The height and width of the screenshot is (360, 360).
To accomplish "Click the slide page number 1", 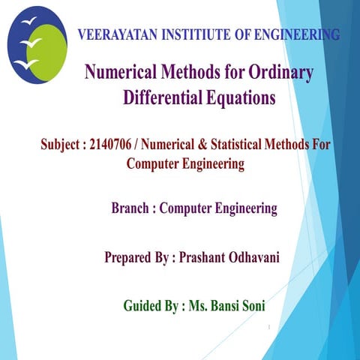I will click(x=268, y=328).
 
